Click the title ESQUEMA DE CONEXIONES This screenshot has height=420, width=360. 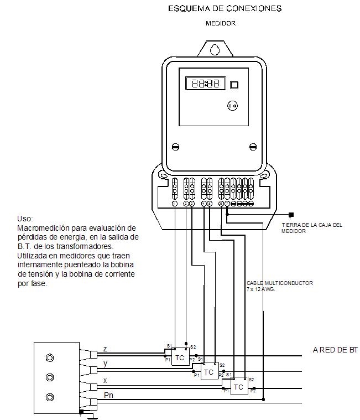[x=225, y=8]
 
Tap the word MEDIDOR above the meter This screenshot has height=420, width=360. [x=221, y=23]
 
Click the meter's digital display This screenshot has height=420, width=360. [x=206, y=84]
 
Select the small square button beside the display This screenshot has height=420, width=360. [x=234, y=85]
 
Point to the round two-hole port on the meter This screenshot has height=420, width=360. [x=232, y=106]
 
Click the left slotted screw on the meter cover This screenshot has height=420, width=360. [x=176, y=147]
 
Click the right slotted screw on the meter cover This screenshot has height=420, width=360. [x=253, y=147]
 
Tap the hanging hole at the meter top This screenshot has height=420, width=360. [x=215, y=49]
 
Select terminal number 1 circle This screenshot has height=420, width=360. [x=175, y=204]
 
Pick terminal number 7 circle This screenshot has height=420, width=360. [x=227, y=204]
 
